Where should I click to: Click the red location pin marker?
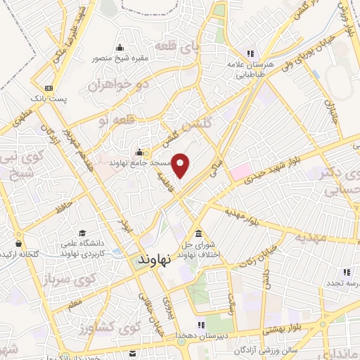[181, 165]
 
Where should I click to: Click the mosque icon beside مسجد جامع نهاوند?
[139, 152]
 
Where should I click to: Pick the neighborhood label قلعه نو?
[113, 121]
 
